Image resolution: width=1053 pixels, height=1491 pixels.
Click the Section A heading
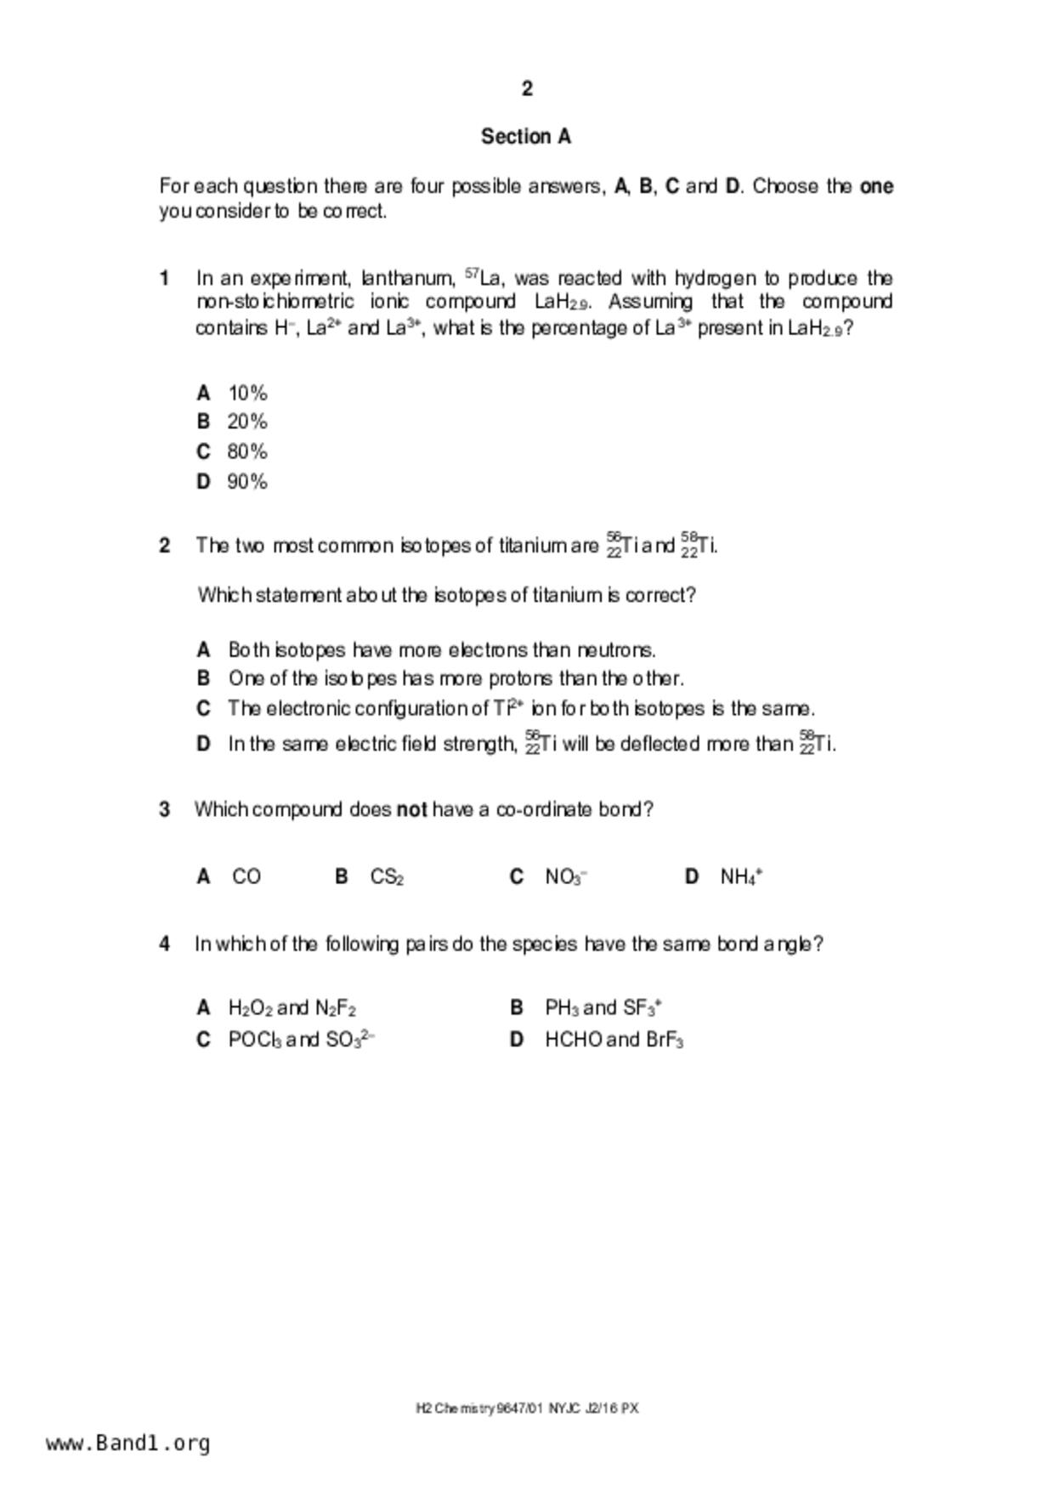(526, 137)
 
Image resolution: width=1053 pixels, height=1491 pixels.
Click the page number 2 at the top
(527, 88)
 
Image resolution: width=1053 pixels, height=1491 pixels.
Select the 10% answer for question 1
(247, 394)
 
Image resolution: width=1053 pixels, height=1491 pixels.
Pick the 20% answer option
(247, 422)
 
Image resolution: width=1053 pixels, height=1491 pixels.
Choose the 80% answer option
(247, 451)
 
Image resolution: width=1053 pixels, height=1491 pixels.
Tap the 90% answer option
(247, 482)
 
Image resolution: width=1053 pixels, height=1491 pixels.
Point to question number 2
(165, 546)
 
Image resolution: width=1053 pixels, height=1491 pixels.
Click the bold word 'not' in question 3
(412, 810)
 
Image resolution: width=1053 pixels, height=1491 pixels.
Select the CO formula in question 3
(246, 876)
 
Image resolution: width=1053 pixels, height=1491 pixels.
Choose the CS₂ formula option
(387, 877)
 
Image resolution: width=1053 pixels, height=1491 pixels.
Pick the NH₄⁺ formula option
(741, 877)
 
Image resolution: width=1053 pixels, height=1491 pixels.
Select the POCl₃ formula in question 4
(255, 1040)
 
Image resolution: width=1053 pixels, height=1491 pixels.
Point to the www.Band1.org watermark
(128, 1443)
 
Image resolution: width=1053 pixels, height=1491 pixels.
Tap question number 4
(165, 944)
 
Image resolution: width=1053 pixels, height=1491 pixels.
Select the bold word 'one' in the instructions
(876, 186)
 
